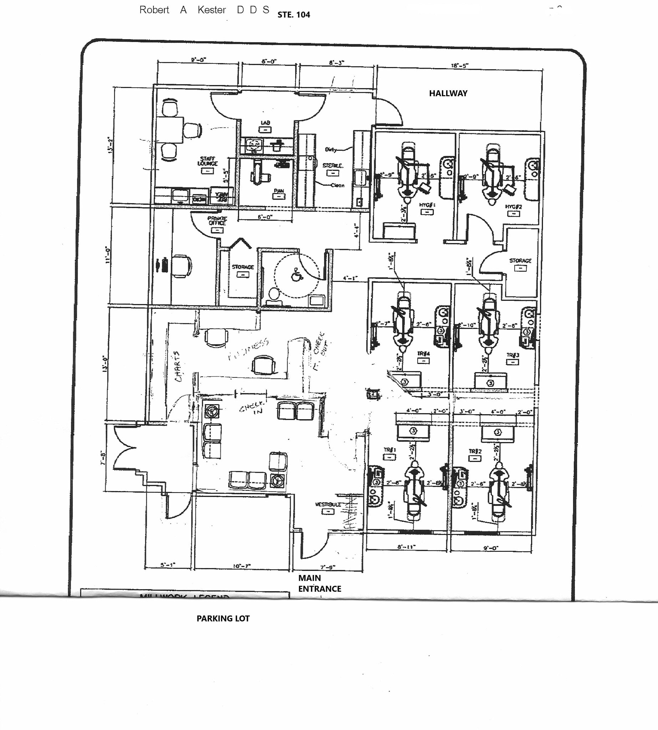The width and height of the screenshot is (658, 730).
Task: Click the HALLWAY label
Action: tap(448, 93)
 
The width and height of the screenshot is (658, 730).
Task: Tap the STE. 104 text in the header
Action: tap(294, 15)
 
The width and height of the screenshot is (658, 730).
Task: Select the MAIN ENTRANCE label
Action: tap(319, 583)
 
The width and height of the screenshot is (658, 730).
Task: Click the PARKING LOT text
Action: tap(223, 618)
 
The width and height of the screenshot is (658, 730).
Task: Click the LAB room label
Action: tap(265, 123)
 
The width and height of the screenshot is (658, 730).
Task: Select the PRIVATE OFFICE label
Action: tap(217, 221)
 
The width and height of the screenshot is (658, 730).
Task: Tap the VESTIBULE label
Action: tap(328, 504)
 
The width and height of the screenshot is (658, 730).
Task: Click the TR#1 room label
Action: tap(390, 450)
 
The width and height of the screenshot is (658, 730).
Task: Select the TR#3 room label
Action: tap(512, 355)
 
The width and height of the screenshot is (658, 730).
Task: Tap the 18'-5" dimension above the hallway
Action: tap(459, 66)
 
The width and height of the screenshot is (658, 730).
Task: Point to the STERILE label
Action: tap(333, 165)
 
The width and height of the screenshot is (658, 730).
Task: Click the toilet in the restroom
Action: tap(273, 294)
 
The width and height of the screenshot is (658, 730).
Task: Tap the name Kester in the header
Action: tap(211, 10)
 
